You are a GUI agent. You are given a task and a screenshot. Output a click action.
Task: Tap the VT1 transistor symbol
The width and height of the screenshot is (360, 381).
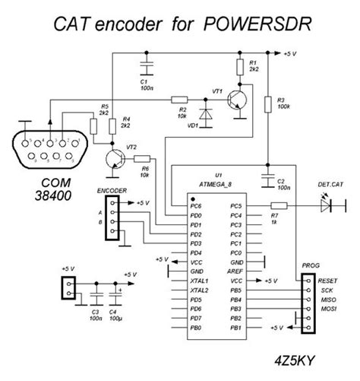click(235, 100)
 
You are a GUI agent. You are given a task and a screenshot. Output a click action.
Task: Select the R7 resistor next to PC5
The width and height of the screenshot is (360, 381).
click(279, 205)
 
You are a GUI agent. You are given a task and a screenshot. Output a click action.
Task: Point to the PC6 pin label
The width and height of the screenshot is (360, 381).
click(197, 206)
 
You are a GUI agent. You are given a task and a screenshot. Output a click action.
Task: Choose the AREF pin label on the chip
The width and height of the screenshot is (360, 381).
click(235, 270)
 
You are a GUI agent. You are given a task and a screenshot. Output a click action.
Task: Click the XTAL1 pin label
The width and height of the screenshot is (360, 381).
click(200, 281)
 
